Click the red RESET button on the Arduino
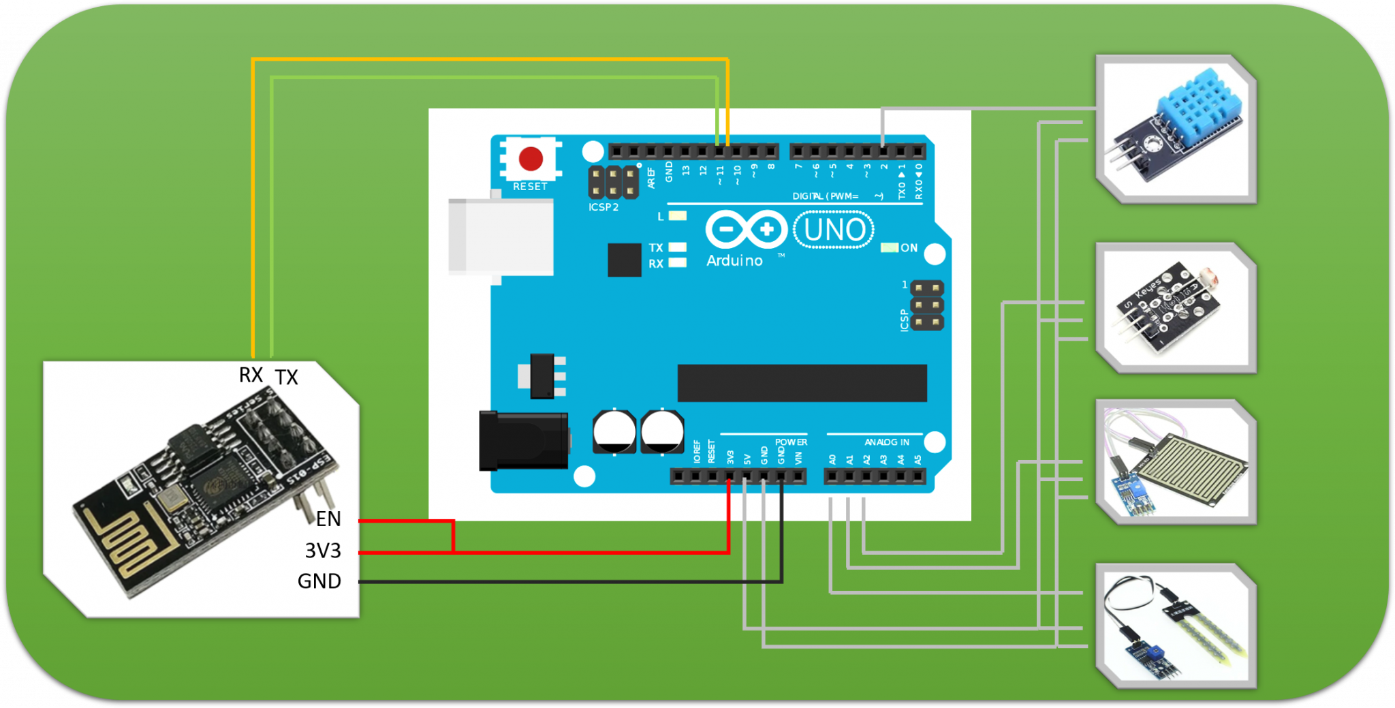pos(531,159)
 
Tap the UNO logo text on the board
pos(834,230)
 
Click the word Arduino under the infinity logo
pos(734,261)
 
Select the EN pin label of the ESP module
pos(328,519)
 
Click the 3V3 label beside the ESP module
pos(323,551)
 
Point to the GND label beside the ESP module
pos(319,581)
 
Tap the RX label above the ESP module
pos(251,375)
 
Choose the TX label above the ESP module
pos(287,378)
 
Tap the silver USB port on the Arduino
pos(501,236)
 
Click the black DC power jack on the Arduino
pos(523,442)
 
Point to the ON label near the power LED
pos(909,248)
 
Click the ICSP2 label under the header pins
pos(604,207)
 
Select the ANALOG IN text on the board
pos(887,442)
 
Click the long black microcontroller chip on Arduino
pos(802,383)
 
